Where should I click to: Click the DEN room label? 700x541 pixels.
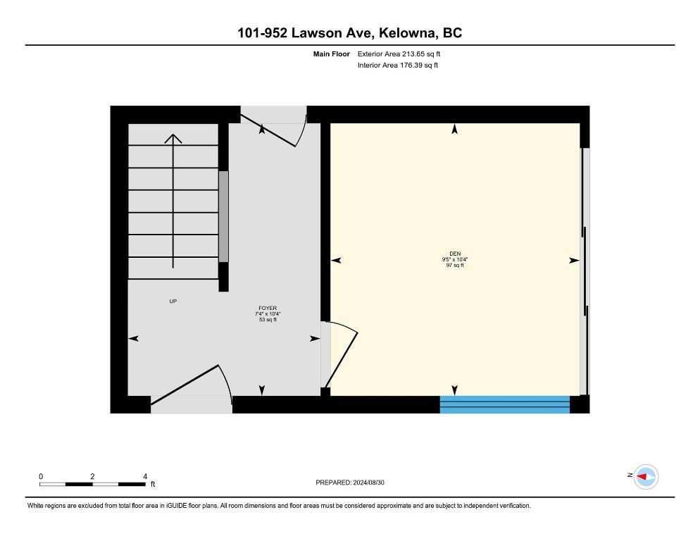(x=455, y=254)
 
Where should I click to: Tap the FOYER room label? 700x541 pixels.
(x=268, y=309)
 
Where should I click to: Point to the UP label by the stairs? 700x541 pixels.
(x=173, y=301)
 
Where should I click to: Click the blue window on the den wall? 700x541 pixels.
(x=505, y=404)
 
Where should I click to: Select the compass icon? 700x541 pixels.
(x=646, y=477)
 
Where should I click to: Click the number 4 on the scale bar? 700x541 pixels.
(x=145, y=477)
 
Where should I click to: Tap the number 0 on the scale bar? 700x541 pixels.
(x=41, y=477)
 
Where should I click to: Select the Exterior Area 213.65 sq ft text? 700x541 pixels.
(x=399, y=54)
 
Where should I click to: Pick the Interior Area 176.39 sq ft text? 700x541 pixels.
(x=398, y=66)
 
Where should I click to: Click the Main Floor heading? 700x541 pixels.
(x=331, y=54)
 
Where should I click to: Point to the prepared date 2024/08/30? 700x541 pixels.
(x=369, y=483)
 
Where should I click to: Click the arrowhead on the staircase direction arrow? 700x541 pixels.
(x=173, y=139)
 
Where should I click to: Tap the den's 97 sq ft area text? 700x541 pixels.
(x=455, y=266)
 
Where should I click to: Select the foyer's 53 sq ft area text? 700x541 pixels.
(x=268, y=320)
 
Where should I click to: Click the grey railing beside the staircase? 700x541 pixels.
(x=223, y=217)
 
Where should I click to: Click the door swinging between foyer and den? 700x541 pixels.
(x=342, y=359)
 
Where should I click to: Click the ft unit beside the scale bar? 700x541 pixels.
(x=153, y=484)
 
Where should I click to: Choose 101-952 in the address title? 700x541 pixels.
(x=262, y=33)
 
